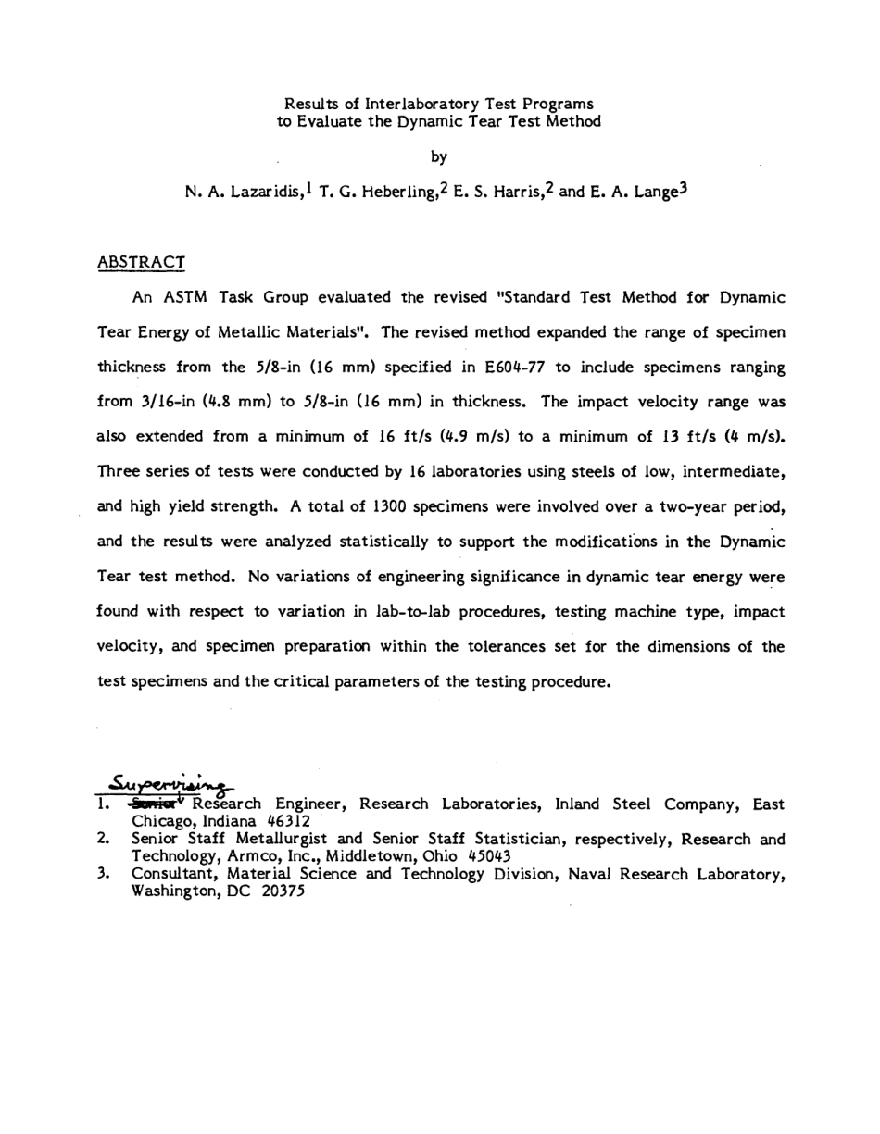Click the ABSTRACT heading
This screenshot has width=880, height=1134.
pos(141,263)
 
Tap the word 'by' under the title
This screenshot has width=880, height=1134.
pos(439,156)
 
